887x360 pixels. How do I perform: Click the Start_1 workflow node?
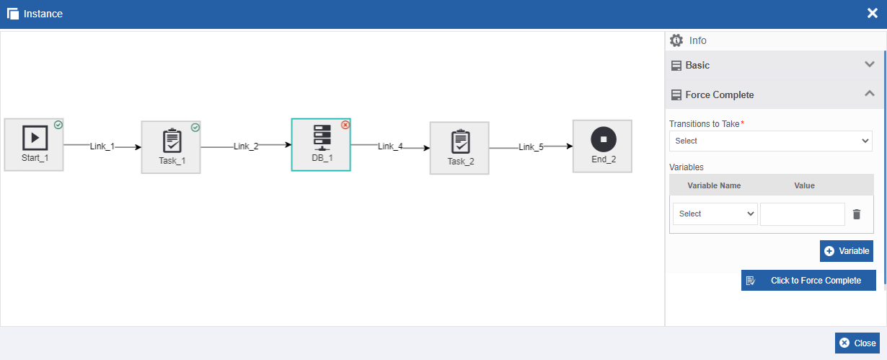[x=34, y=145]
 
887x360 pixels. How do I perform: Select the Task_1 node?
[x=171, y=147]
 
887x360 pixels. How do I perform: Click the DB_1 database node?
[x=321, y=145]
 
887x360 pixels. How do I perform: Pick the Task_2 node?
[x=460, y=148]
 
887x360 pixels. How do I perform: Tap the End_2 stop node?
[x=603, y=146]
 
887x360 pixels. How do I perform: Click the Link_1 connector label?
[x=102, y=146]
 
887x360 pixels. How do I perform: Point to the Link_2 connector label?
[x=246, y=146]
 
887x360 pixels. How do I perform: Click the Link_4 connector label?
[x=390, y=146]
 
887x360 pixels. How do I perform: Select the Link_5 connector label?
[x=531, y=147]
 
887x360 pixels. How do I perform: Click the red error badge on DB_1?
[x=345, y=125]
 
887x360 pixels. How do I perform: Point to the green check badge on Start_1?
[x=58, y=125]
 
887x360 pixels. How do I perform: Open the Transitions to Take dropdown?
[x=771, y=141]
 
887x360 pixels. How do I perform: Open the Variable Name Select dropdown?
[x=715, y=214]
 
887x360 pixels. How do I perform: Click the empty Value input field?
[x=803, y=214]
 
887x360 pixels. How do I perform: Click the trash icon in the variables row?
[x=857, y=214]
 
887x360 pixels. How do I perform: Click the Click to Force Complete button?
[x=808, y=281]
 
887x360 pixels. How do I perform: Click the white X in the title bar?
[x=873, y=14]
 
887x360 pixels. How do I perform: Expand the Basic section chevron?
[x=870, y=64]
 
